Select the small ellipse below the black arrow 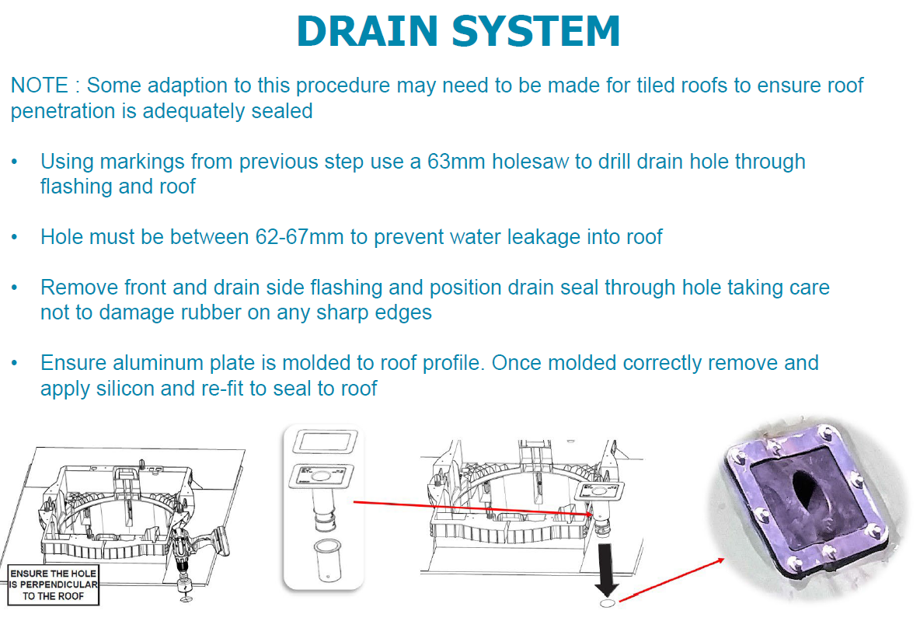tap(607, 602)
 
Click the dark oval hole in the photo tap(802, 501)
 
